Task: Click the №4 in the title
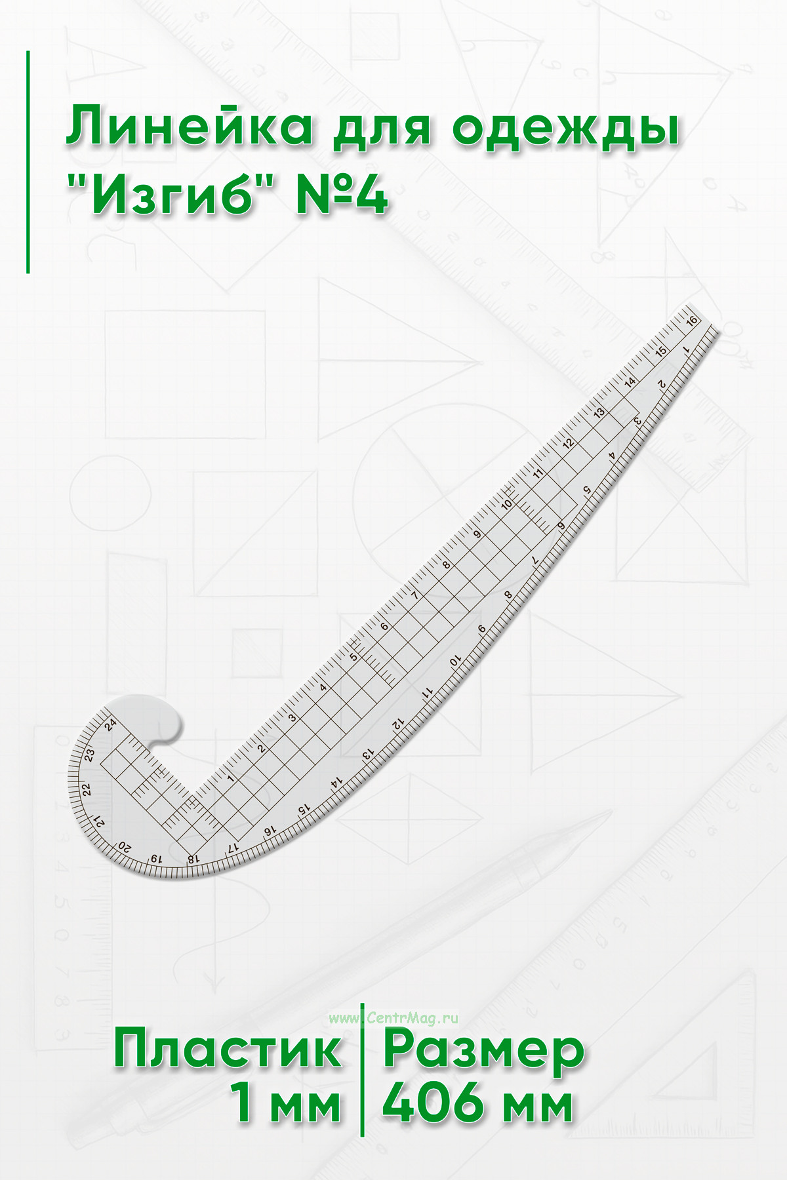click(x=342, y=195)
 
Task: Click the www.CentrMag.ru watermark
click(x=393, y=1018)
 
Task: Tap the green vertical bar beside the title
click(x=28, y=161)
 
